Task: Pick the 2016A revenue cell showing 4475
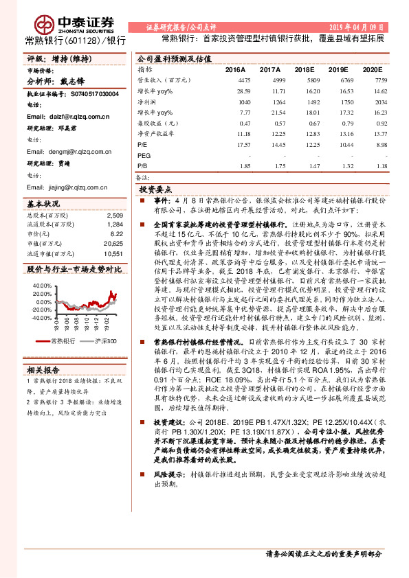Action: coord(243,81)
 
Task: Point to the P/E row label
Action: coord(142,146)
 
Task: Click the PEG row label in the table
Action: coord(144,156)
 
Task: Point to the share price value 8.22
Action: coord(117,234)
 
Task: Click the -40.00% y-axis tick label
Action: coord(41,318)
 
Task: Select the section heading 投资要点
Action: coord(155,189)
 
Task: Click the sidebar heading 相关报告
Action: coord(43,369)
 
